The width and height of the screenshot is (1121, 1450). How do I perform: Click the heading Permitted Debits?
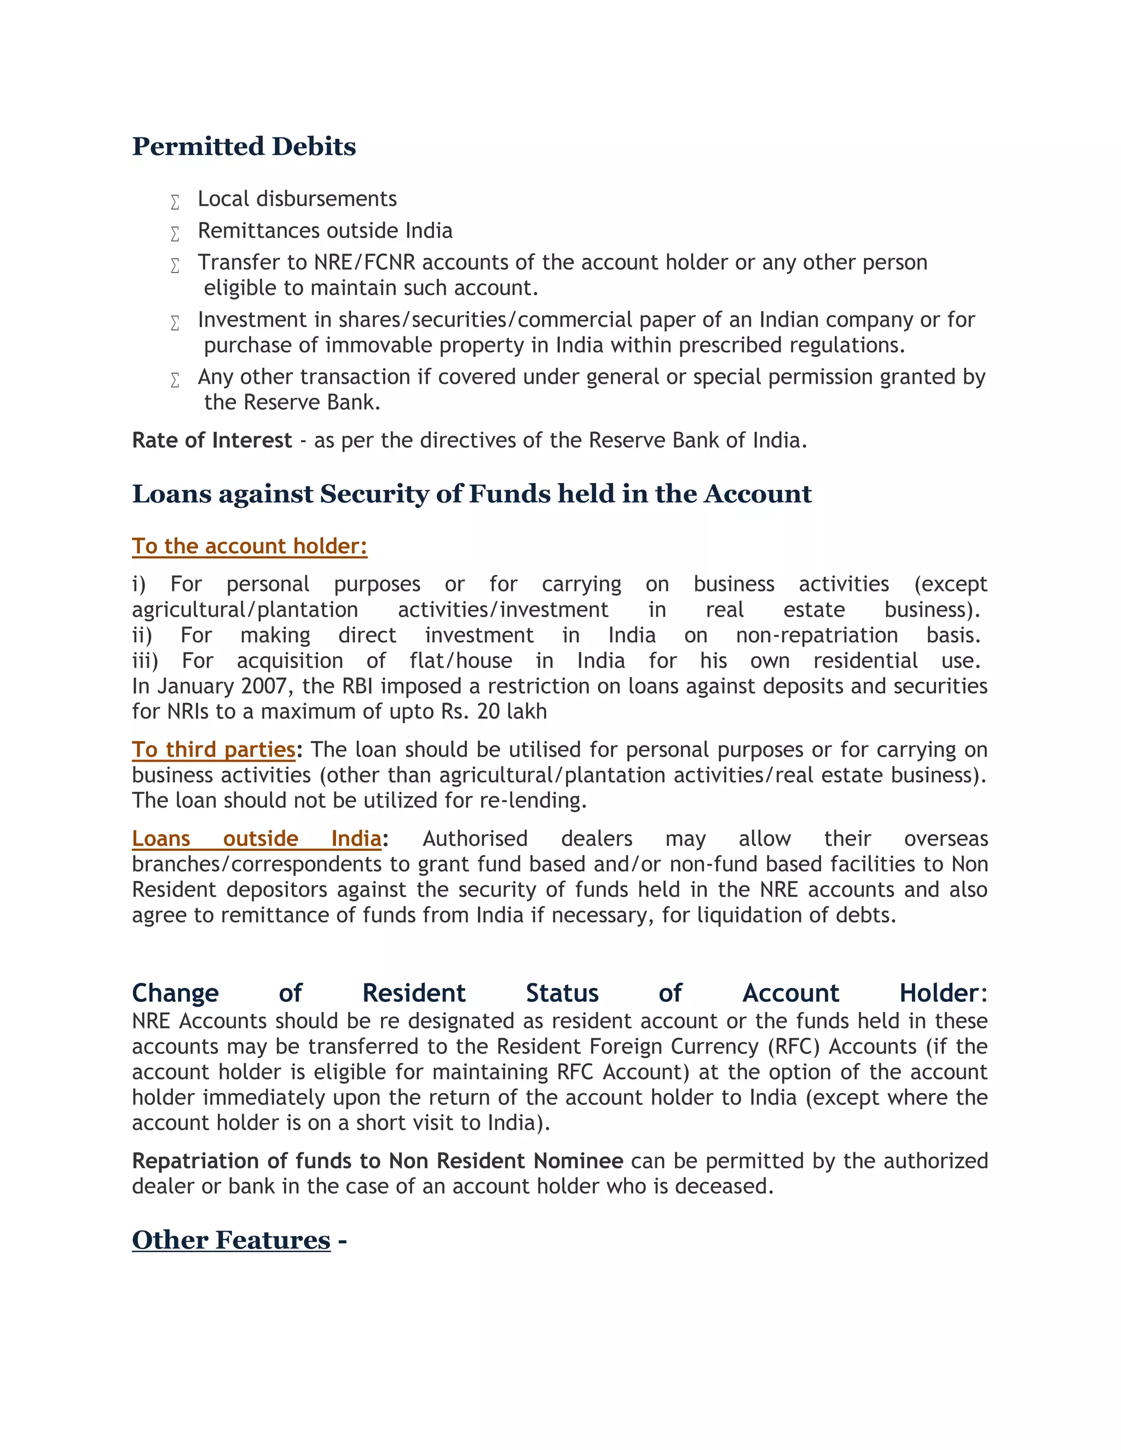[x=244, y=147]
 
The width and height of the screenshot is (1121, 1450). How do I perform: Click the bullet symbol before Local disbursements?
[x=175, y=202]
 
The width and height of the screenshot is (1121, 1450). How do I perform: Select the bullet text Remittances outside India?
[x=325, y=231]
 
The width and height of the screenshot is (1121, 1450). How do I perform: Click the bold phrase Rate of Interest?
[x=212, y=440]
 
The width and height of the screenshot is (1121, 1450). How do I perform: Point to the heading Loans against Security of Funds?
[x=471, y=494]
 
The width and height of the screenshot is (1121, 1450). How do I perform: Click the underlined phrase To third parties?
[x=213, y=750]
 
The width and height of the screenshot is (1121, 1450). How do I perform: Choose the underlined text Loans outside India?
[x=256, y=838]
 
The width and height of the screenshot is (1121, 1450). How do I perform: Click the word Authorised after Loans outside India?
[x=475, y=838]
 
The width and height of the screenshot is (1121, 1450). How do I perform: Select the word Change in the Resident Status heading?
[x=175, y=993]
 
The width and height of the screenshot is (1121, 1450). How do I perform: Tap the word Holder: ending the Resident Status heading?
[x=943, y=993]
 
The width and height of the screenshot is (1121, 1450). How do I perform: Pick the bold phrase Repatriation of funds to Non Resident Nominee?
[x=377, y=1161]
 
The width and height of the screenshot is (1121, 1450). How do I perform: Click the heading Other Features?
[x=231, y=1240]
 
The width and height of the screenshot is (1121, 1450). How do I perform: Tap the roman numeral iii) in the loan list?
[x=145, y=660]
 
